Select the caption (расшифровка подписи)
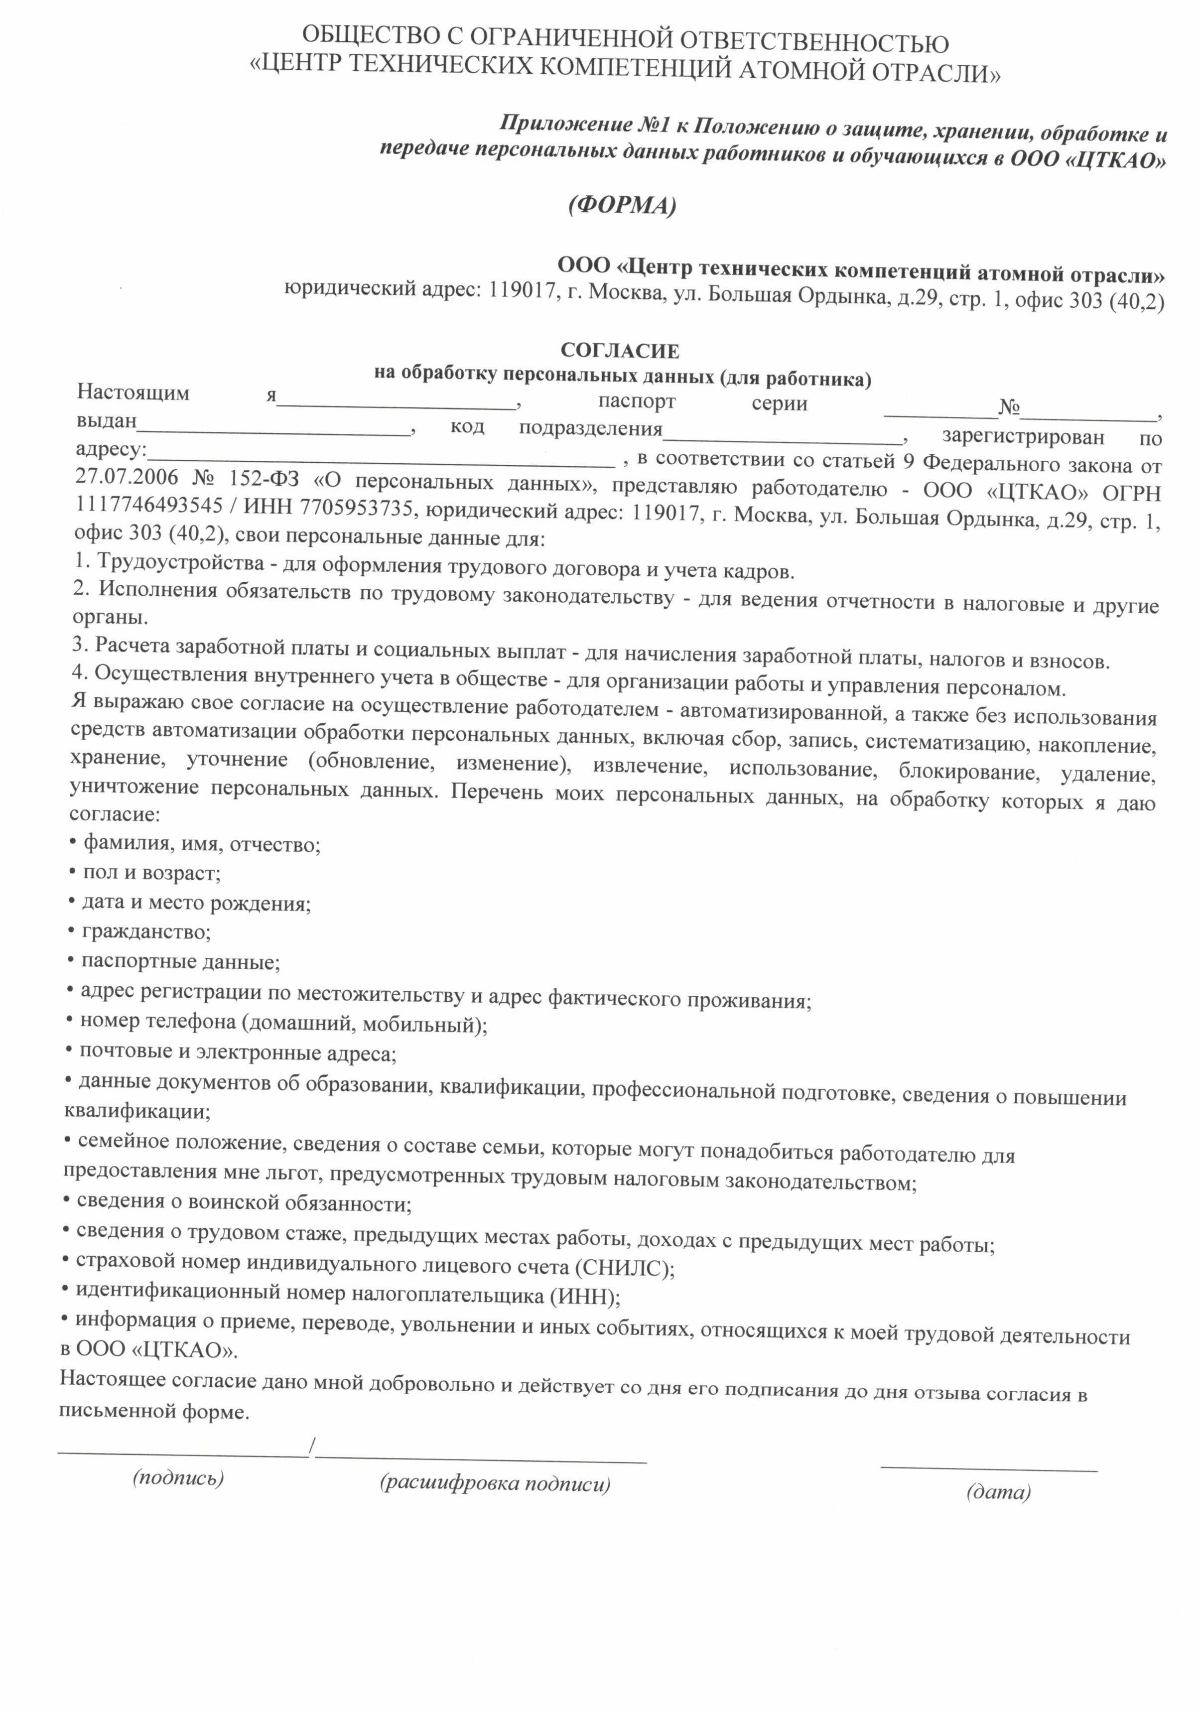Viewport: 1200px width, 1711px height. pos(495,1483)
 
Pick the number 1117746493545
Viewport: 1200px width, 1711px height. pos(149,505)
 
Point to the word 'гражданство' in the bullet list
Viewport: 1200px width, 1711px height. pos(146,931)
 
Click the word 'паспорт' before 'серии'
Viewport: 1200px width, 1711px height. pos(637,401)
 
